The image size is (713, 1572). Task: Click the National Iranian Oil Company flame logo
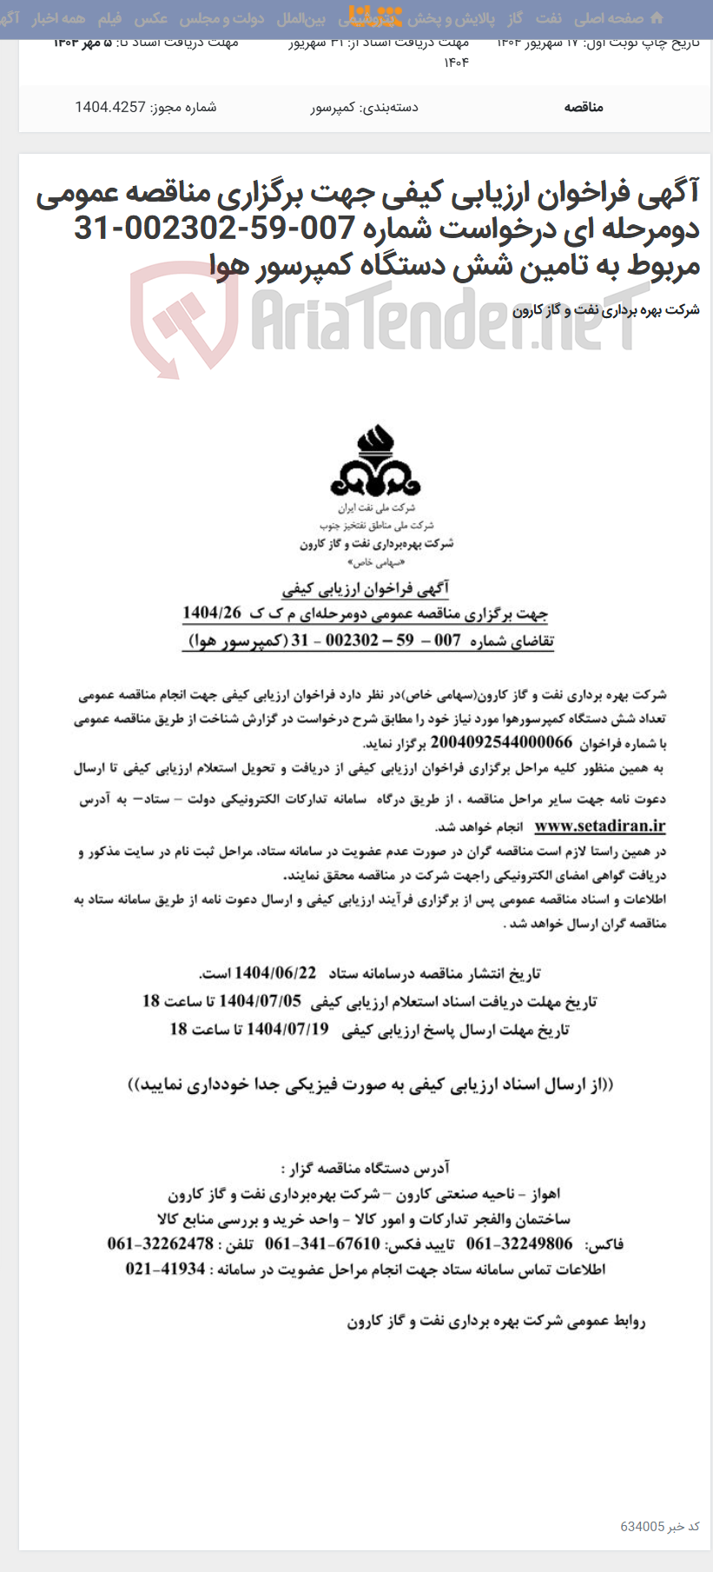click(x=375, y=461)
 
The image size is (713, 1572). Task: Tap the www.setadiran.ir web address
click(x=599, y=826)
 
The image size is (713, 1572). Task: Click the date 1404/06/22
click(x=275, y=973)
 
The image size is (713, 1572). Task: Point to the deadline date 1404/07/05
click(x=261, y=1001)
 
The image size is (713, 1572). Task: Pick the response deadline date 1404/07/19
click(x=288, y=1030)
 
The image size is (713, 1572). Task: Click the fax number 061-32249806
click(x=519, y=1244)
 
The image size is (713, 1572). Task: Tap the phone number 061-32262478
click(x=161, y=1244)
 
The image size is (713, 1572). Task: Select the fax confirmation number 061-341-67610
click(x=322, y=1244)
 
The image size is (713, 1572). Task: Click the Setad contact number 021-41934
click(x=166, y=1269)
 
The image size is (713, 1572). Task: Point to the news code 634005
click(x=643, y=1527)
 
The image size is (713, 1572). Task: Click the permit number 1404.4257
click(x=109, y=108)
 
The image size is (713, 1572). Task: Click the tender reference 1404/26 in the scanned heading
click(x=212, y=614)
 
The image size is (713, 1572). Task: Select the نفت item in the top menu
click(x=549, y=18)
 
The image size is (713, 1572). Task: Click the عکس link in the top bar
click(x=151, y=18)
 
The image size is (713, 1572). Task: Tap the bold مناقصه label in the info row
click(x=584, y=108)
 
